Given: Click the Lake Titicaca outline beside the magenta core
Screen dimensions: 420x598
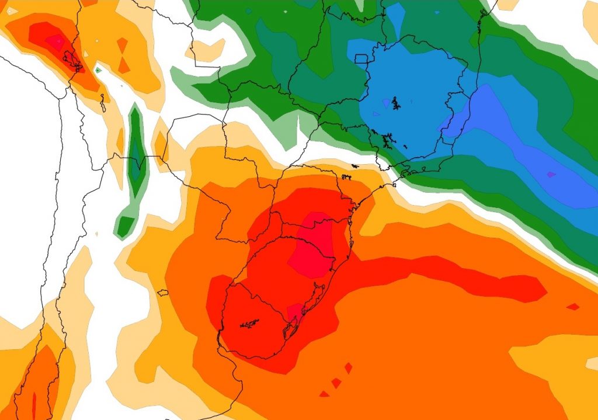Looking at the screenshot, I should click(74, 60).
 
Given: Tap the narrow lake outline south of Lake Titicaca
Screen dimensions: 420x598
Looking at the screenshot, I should click(103, 103).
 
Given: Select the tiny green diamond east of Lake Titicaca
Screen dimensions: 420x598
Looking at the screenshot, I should click(98, 71).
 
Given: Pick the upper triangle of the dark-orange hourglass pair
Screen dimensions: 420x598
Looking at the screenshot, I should click(122, 44).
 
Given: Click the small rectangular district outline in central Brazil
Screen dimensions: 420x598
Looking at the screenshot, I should click(361, 58).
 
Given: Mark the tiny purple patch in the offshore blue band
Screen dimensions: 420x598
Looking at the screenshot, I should click(551, 174).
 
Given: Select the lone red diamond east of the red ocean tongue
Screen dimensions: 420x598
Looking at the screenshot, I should click(573, 306).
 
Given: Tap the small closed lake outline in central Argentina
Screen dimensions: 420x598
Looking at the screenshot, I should click(163, 293).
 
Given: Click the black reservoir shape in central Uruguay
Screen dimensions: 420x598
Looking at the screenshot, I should click(249, 322).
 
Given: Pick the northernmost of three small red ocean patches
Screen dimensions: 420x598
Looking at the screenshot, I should click(348, 368).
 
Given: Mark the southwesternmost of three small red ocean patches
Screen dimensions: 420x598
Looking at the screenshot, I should click(324, 394).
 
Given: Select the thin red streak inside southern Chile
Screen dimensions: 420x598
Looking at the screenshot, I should click(34, 403).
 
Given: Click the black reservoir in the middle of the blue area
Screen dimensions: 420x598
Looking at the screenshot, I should click(396, 104).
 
